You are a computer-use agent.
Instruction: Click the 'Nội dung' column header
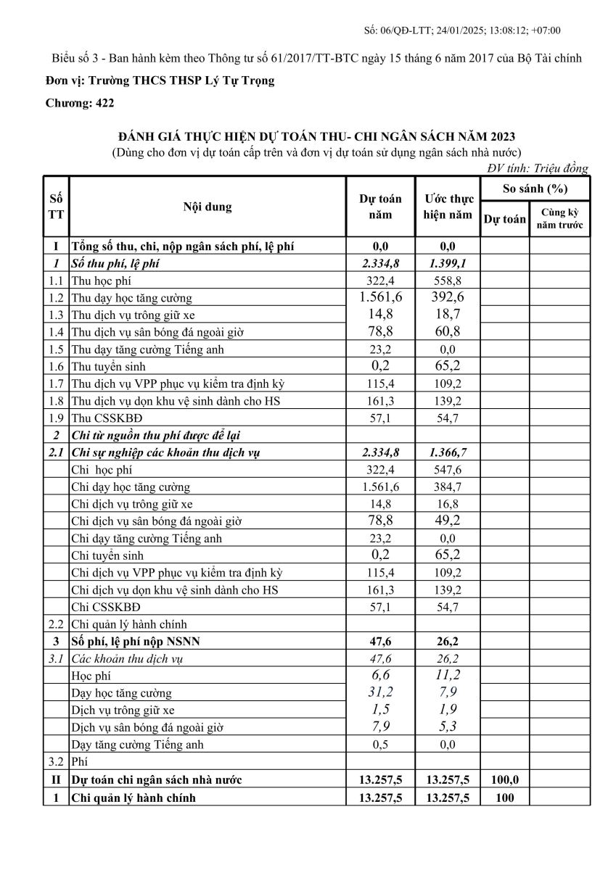tap(208, 207)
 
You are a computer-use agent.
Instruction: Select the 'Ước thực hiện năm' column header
tap(448, 207)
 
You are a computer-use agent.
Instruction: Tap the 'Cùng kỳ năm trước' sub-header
tap(559, 219)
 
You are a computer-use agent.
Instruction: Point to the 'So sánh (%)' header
tap(535, 188)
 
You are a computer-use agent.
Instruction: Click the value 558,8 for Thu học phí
tap(448, 281)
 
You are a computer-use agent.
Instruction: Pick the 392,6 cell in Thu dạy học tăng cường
tap(448, 297)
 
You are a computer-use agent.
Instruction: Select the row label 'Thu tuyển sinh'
tap(108, 367)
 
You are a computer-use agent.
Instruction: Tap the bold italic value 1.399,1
tap(448, 263)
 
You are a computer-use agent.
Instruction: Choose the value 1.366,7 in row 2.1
tap(448, 452)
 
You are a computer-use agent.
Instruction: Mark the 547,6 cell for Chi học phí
tap(448, 470)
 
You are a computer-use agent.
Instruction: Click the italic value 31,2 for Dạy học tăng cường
tap(381, 692)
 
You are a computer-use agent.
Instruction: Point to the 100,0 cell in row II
tap(504, 780)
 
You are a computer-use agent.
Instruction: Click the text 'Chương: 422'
tap(80, 103)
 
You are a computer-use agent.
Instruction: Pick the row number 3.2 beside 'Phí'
tap(56, 762)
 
